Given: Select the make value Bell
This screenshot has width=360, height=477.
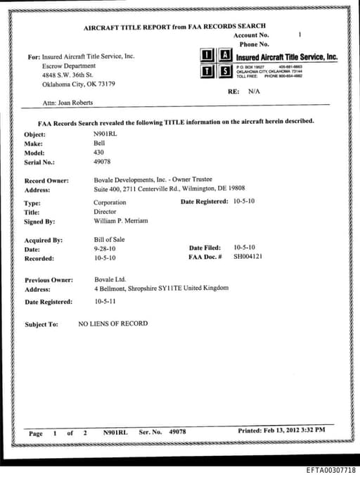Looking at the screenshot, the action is click(x=99, y=142).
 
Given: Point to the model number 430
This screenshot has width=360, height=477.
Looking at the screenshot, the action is click(x=98, y=151).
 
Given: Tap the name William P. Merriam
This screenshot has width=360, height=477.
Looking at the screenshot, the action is click(x=121, y=220).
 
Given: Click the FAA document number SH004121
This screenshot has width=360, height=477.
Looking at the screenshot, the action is click(x=247, y=257).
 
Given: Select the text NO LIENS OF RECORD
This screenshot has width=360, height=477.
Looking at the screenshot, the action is click(x=113, y=324).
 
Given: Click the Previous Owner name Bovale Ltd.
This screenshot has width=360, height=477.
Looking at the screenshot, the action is click(x=110, y=279).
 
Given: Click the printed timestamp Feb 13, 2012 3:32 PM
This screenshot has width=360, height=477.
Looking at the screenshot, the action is click(x=293, y=430).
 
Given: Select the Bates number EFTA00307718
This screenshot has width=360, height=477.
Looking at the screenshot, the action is click(x=331, y=469).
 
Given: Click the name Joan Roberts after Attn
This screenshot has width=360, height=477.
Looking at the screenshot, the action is click(x=72, y=102).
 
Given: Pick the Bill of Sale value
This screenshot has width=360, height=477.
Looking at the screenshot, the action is click(x=109, y=239).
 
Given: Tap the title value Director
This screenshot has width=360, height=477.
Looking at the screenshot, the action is click(x=105, y=211).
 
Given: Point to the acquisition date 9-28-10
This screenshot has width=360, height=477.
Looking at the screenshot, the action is click(x=105, y=248).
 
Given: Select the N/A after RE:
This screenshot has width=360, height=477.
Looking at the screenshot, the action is click(x=254, y=91).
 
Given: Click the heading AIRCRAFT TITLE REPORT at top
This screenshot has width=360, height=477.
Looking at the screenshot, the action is click(x=127, y=27).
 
